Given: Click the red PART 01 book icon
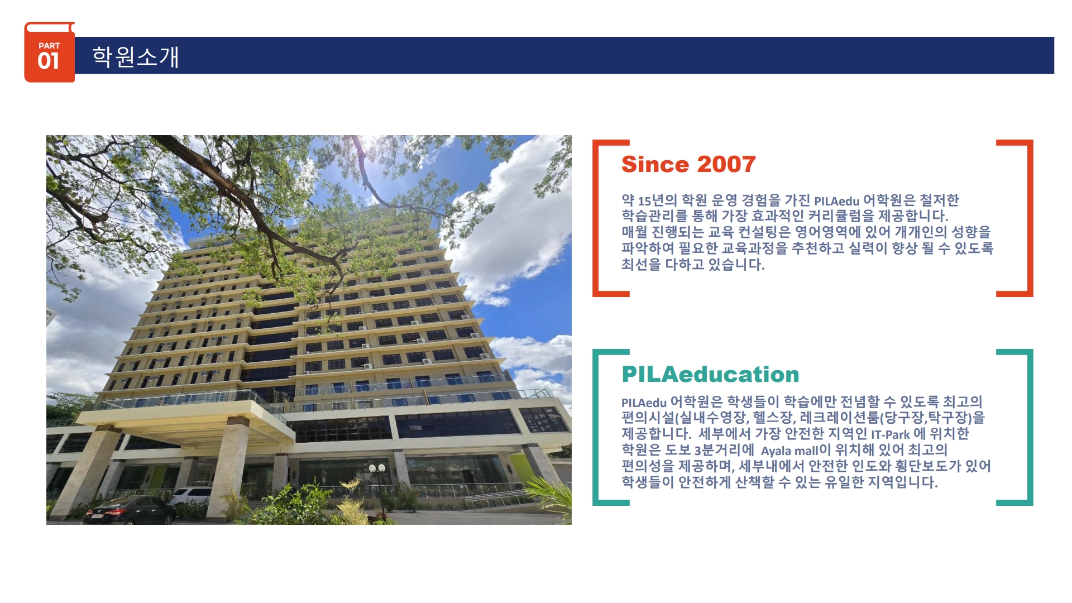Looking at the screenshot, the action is click(x=49, y=52).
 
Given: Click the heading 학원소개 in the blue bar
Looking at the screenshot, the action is click(x=136, y=57).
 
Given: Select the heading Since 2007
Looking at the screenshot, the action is click(x=688, y=164).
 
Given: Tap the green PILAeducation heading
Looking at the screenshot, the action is click(x=710, y=374).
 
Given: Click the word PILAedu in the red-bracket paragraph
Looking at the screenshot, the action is click(x=836, y=201).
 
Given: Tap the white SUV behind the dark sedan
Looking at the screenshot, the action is click(x=190, y=496).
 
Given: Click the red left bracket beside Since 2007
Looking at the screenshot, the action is click(x=596, y=218).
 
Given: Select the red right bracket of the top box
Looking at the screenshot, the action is click(x=1030, y=218).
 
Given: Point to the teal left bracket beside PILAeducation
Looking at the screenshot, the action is click(x=596, y=428).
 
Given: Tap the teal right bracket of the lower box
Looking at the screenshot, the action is click(x=1030, y=428).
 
